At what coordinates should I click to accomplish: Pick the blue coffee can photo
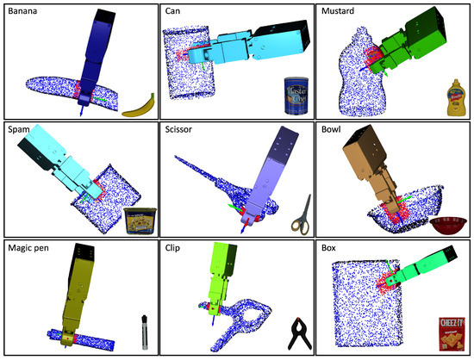(x=296, y=95)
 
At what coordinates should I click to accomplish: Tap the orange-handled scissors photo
(x=299, y=216)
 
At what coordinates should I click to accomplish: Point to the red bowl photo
(x=447, y=227)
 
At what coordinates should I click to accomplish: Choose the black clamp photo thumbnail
(x=299, y=332)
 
